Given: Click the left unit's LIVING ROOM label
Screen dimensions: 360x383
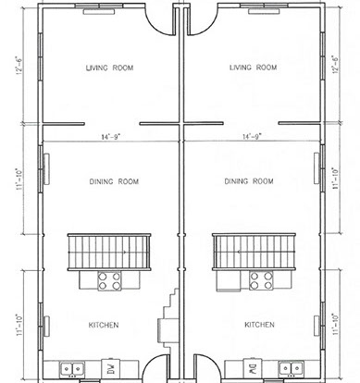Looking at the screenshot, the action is [109, 68].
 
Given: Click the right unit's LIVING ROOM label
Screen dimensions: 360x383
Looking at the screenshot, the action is [253, 68].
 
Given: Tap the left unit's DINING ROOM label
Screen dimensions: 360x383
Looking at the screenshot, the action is [114, 181].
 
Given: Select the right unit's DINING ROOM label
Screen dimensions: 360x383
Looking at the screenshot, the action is [249, 181].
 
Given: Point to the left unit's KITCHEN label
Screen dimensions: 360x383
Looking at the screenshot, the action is [104, 325].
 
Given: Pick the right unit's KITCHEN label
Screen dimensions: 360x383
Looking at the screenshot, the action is [259, 325].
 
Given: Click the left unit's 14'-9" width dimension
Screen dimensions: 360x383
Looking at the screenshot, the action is [111, 137].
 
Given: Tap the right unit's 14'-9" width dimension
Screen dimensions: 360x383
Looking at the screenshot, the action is [252, 136].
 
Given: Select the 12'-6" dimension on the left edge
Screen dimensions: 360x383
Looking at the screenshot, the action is [19, 66].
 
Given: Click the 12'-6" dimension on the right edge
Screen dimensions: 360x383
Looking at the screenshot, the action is [335, 65].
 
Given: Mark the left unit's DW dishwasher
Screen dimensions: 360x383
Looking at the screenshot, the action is [111, 368].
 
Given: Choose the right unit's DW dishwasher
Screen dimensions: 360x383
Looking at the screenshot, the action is [253, 368].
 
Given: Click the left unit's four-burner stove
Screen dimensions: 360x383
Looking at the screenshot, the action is [109, 281].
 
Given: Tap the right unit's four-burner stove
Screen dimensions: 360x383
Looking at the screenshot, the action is [261, 280].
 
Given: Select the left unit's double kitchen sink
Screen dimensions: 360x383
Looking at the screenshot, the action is [72, 369].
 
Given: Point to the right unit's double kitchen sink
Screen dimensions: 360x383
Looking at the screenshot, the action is [292, 369].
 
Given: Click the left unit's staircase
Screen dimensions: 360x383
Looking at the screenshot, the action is [109, 253].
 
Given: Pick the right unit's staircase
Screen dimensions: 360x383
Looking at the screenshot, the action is [254, 252].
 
